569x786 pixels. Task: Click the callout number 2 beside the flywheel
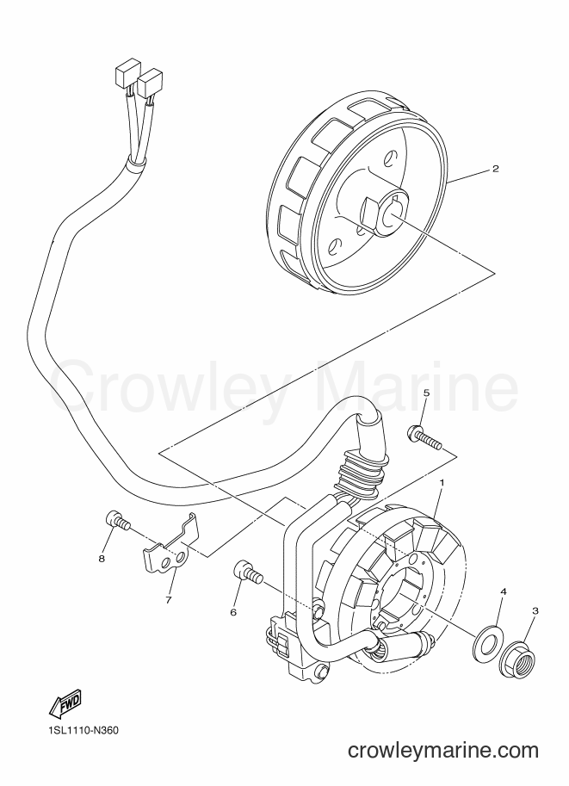[495, 169]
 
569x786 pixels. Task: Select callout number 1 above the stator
[442, 482]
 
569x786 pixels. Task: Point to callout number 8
[102, 559]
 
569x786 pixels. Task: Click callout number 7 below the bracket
[169, 599]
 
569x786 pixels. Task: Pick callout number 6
[233, 612]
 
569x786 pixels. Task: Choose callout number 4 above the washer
[503, 592]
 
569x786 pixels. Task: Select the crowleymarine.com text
[443, 751]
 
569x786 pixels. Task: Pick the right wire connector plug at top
[151, 82]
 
